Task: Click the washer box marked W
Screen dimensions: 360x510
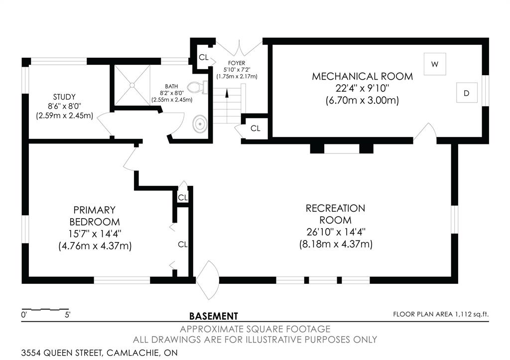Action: point(435,64)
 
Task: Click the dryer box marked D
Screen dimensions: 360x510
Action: point(467,93)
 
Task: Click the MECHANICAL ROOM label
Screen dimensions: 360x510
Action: point(362,76)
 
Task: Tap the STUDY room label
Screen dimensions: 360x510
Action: point(64,97)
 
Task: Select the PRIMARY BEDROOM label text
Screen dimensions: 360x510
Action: point(95,215)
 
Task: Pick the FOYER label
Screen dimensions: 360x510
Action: point(236,63)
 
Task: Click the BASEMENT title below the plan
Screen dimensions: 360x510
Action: point(214,316)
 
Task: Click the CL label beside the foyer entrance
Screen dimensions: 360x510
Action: point(203,57)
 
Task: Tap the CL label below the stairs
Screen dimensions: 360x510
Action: point(255,128)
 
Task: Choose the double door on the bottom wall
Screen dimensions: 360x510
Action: point(207,280)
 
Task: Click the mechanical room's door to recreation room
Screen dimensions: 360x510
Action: point(425,133)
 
